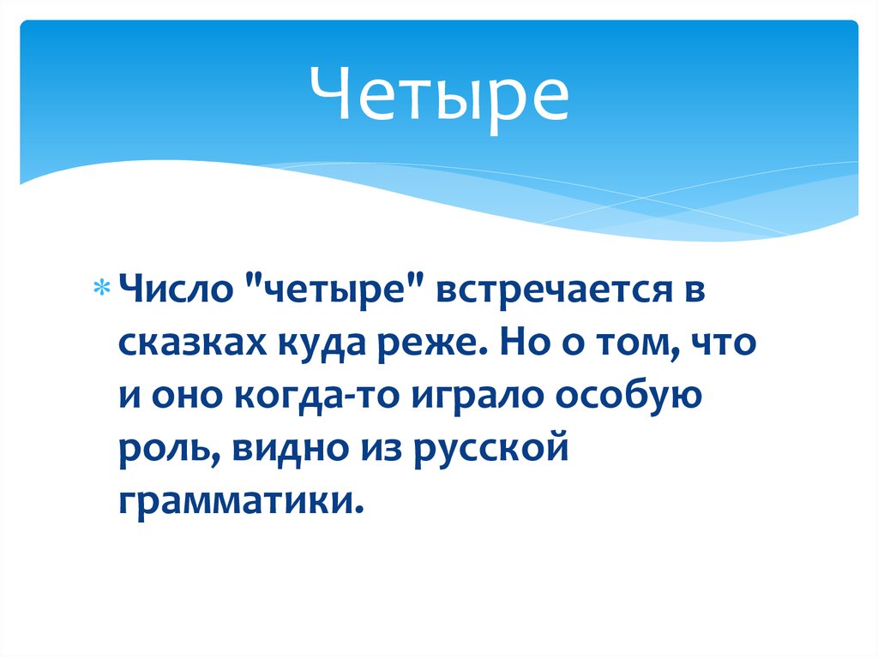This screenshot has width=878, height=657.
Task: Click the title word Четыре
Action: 438,96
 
